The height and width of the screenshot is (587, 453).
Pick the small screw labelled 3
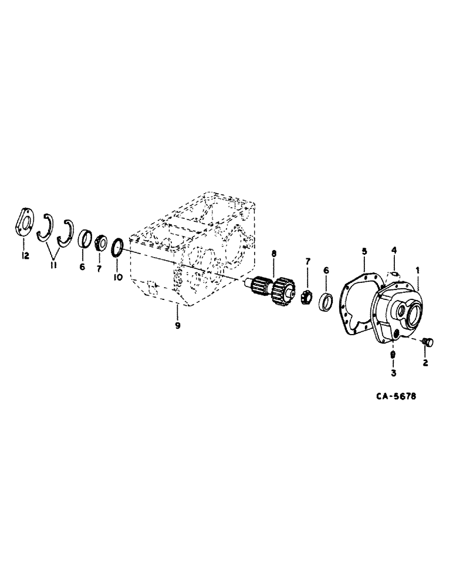(393, 354)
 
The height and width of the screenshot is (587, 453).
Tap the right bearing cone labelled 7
(306, 297)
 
